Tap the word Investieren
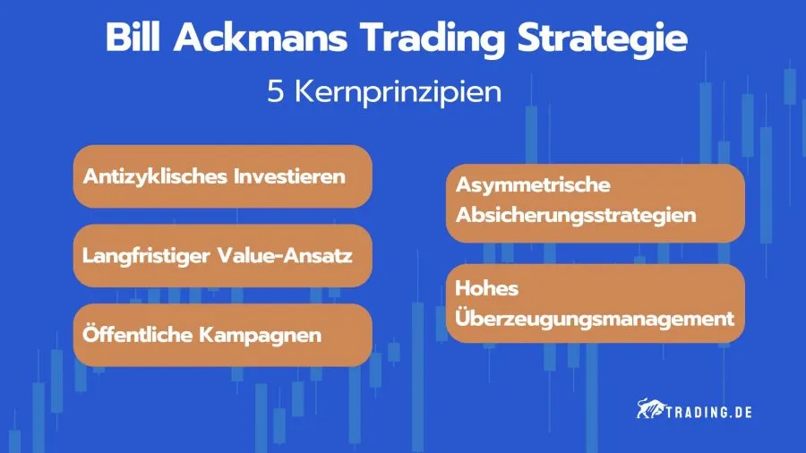[x=288, y=175]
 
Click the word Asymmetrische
[x=532, y=185]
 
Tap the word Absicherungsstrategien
[x=576, y=216]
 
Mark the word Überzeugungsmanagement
[x=595, y=318]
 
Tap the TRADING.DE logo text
[x=707, y=412]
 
